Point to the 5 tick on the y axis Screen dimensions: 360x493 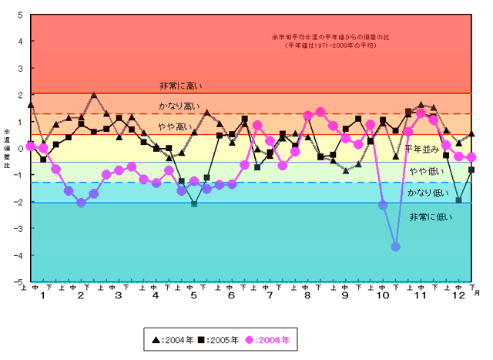coord(20,15)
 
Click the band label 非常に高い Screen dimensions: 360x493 coord(180,86)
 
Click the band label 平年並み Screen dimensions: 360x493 coord(422,148)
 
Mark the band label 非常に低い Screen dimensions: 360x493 coord(431,217)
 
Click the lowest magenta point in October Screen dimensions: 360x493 coord(395,247)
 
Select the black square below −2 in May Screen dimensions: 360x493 coord(194,204)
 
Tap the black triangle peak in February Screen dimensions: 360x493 coord(94,96)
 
